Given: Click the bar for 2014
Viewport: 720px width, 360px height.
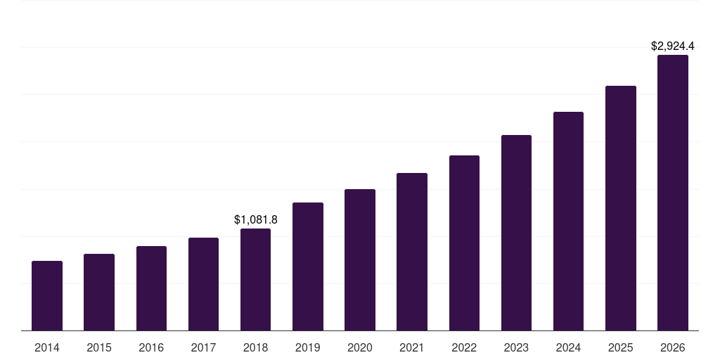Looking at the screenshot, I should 47,295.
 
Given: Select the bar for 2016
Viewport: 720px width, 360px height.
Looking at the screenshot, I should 151,288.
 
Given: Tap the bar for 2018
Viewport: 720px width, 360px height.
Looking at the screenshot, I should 255,279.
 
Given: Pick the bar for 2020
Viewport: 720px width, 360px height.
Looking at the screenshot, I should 360,259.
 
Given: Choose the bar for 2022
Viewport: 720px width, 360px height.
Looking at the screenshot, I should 464,243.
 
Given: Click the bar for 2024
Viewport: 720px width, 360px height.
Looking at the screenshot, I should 568,221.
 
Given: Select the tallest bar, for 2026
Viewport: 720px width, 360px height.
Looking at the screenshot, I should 672,193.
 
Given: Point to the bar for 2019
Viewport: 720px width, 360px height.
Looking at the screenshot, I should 308,266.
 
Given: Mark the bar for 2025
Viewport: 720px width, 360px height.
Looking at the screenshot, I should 620,208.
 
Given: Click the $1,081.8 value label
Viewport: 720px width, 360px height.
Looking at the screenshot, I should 256,220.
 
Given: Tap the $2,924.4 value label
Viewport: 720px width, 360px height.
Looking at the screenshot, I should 672,46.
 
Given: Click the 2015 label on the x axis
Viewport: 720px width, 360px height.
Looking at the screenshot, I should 99,347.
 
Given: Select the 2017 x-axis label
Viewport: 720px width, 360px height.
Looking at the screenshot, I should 203,347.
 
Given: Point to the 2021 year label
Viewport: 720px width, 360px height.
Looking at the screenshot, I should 412,347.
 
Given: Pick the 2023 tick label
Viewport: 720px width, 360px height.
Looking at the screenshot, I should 516,347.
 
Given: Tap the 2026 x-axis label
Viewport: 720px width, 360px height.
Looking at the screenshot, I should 672,347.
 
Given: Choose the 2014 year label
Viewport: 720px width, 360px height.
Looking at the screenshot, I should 47,347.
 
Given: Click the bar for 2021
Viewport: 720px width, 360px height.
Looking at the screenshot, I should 412,252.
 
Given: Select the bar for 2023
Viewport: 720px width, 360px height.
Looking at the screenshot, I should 516,233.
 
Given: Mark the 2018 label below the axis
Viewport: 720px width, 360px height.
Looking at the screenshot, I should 255,347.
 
